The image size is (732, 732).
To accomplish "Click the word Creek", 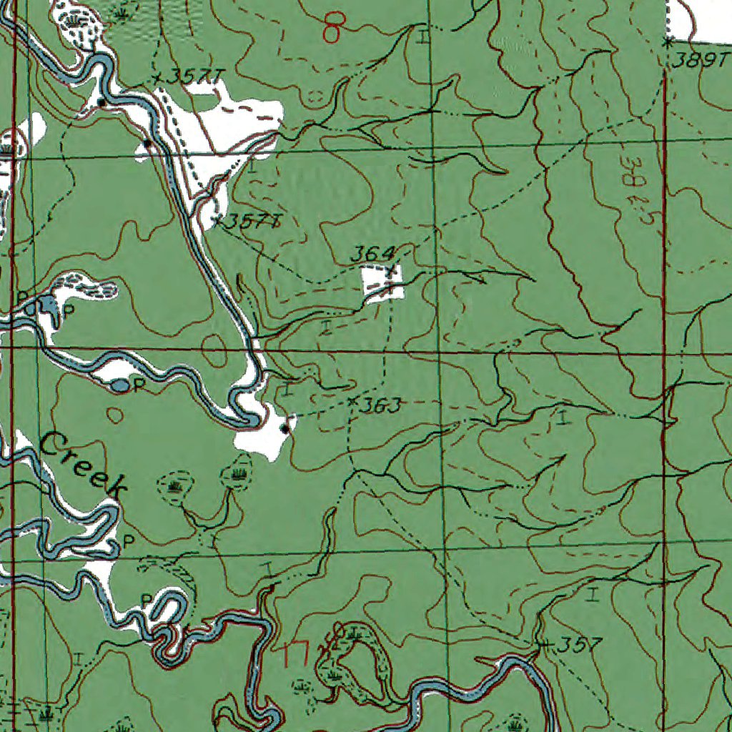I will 83,465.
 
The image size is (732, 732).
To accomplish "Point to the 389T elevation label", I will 693,61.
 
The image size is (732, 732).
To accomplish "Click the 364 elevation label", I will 372,254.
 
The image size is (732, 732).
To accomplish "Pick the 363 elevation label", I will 379,406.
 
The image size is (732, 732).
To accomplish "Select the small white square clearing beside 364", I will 383,282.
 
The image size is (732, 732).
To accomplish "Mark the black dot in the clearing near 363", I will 285,429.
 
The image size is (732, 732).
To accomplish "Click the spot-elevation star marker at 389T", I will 666,43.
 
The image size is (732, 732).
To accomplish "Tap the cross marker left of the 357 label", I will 545,645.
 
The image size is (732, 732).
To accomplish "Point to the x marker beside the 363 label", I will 352,402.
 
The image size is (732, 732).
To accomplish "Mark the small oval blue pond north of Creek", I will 121,385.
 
